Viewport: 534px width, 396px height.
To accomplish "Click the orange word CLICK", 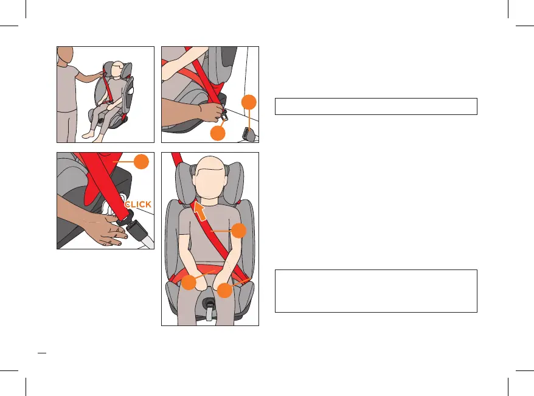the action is pyautogui.click(x=137, y=204).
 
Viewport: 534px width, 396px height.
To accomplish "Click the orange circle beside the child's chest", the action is pyautogui.click(x=239, y=231).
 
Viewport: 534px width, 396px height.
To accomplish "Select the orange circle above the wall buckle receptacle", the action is pyautogui.click(x=248, y=102).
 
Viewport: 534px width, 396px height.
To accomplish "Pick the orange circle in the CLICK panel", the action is pyautogui.click(x=141, y=162).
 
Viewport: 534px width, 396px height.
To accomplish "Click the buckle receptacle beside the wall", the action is pyautogui.click(x=247, y=133).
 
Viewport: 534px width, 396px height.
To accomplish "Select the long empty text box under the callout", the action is pyautogui.click(x=375, y=106).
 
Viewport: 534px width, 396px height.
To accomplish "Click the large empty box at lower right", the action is pyautogui.click(x=375, y=291).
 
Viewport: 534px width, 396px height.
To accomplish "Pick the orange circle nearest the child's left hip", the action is pyautogui.click(x=225, y=291).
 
